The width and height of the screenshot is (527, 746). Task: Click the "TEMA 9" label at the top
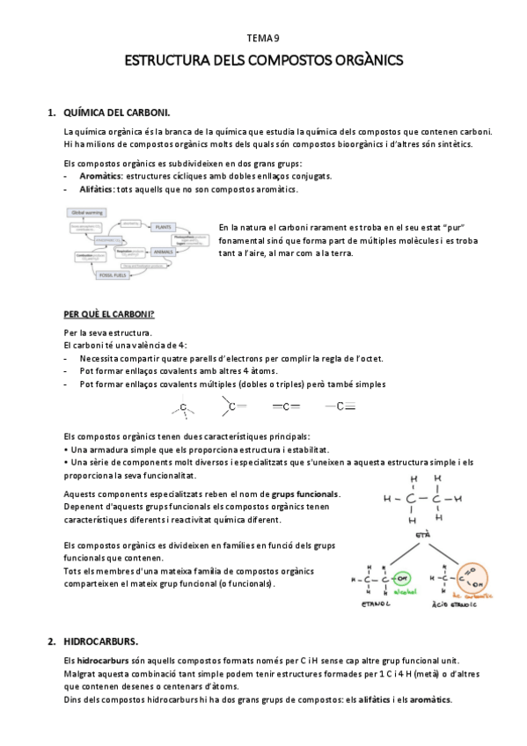click(262, 38)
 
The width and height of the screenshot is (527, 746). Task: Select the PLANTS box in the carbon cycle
click(163, 227)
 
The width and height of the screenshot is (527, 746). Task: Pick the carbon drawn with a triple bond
click(340, 406)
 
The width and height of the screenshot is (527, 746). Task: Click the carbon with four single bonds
click(183, 407)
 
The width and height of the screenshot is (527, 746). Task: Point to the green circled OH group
click(403, 579)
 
